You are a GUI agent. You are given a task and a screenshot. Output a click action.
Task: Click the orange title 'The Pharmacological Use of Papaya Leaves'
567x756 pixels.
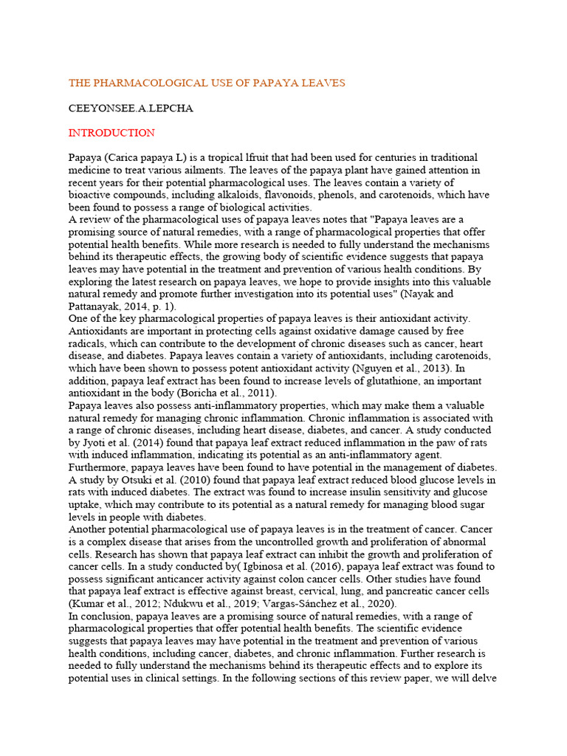207,83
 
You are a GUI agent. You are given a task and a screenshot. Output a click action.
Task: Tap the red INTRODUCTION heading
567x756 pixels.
111,133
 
